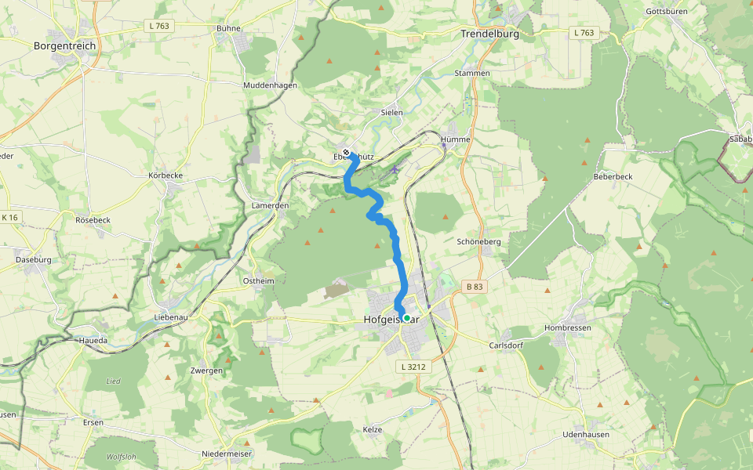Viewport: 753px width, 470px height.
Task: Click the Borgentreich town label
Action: tap(65, 46)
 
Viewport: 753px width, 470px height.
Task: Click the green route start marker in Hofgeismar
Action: tap(406, 317)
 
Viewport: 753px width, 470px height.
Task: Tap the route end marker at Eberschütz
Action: tap(346, 152)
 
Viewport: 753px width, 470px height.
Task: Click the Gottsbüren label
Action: tap(666, 12)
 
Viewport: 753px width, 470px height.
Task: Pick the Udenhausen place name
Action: tap(586, 434)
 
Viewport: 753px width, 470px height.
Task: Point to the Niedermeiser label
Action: tap(226, 454)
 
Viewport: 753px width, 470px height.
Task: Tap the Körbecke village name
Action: tap(166, 175)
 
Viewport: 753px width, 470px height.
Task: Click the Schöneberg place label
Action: tap(478, 242)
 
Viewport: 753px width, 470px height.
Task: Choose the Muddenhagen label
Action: tap(270, 85)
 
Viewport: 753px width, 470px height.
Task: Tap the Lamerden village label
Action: tap(271, 205)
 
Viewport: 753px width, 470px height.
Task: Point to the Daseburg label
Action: tap(33, 259)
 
